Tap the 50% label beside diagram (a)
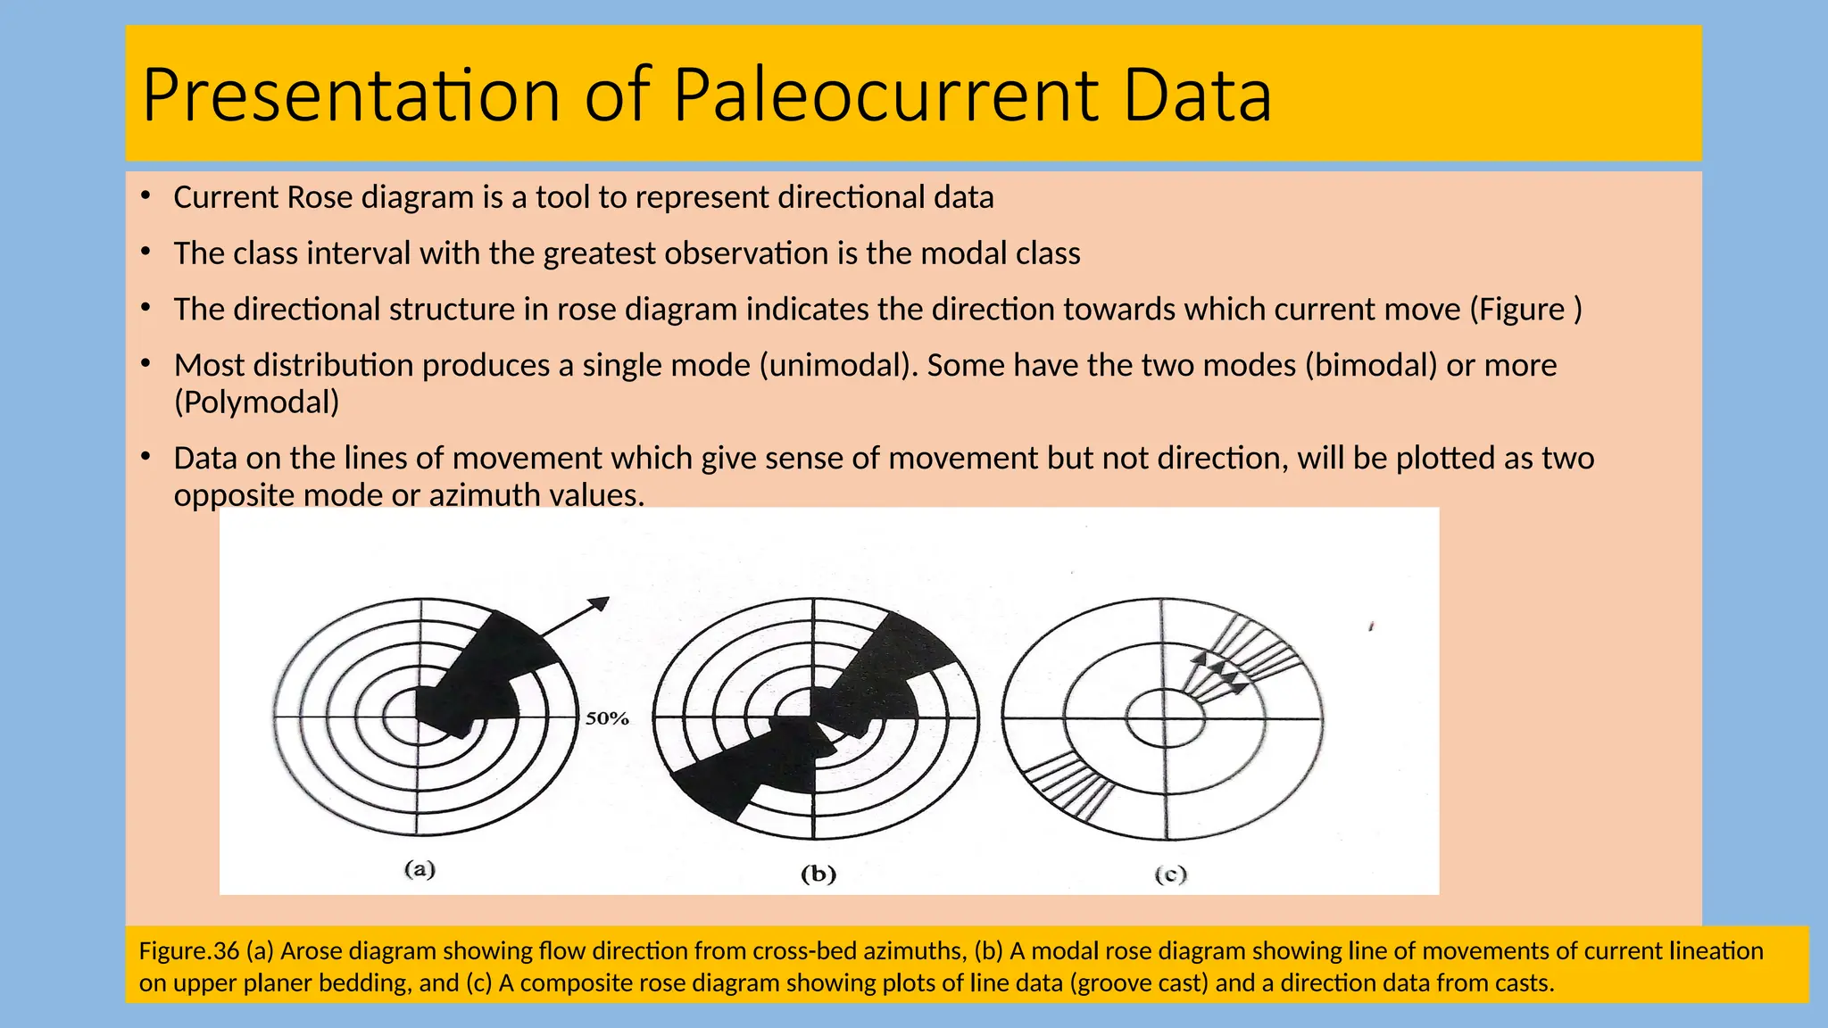(607, 718)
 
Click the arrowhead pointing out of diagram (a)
(600, 604)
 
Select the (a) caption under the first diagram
(420, 869)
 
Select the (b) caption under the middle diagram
(818, 874)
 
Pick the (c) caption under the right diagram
(1170, 875)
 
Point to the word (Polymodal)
(257, 402)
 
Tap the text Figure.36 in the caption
(189, 951)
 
